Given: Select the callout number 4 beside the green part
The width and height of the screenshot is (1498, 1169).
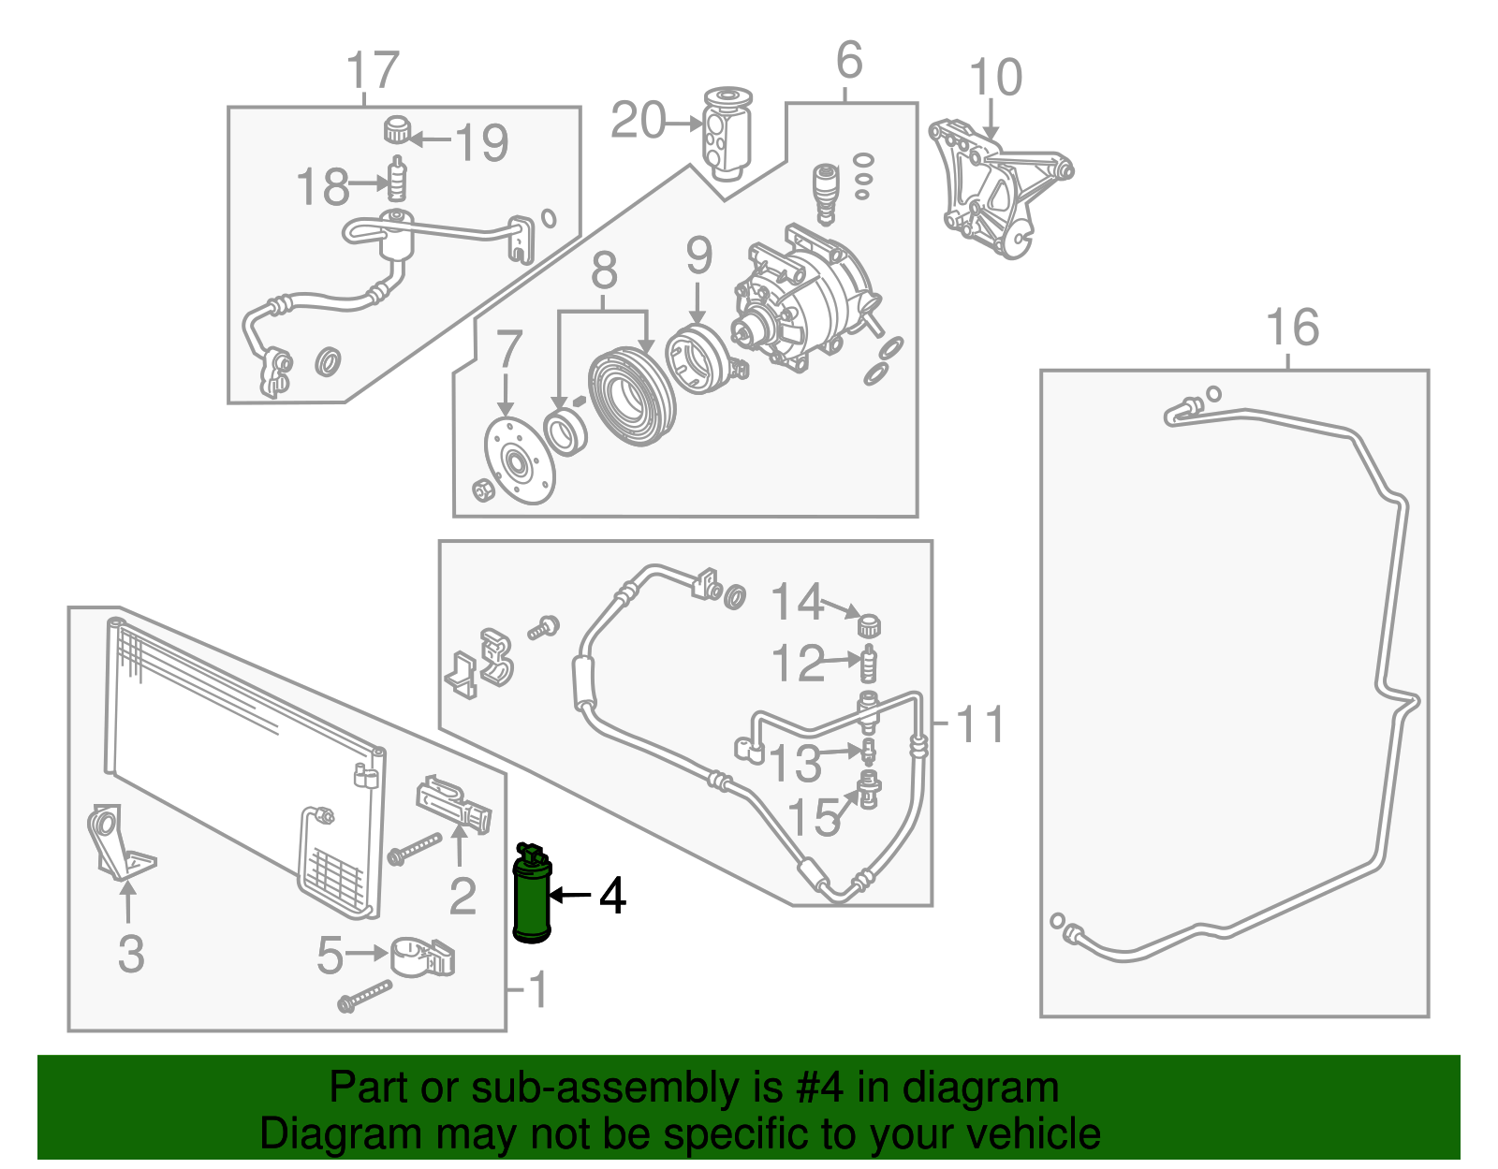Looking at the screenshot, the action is (x=613, y=897).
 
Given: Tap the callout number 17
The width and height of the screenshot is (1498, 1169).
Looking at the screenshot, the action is (x=373, y=69).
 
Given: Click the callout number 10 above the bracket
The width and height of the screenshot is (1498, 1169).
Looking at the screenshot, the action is (x=995, y=77).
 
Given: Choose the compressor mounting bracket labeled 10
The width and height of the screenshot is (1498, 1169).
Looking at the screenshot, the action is (x=1000, y=187).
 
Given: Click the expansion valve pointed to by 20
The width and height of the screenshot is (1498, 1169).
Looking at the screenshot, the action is (x=727, y=133).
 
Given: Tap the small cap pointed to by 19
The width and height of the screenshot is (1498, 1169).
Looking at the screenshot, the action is (x=397, y=129).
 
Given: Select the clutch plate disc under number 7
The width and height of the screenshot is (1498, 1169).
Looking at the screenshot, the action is (x=520, y=460).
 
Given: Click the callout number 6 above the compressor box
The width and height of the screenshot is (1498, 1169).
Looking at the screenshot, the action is (x=848, y=60).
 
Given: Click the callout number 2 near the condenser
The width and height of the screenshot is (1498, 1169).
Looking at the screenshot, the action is (x=462, y=897).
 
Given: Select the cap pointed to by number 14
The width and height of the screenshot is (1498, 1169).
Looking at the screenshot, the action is (x=869, y=625).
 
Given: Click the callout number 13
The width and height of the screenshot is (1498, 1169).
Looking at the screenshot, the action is (x=795, y=763).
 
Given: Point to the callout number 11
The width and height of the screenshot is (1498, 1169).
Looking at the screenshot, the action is (x=979, y=724).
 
